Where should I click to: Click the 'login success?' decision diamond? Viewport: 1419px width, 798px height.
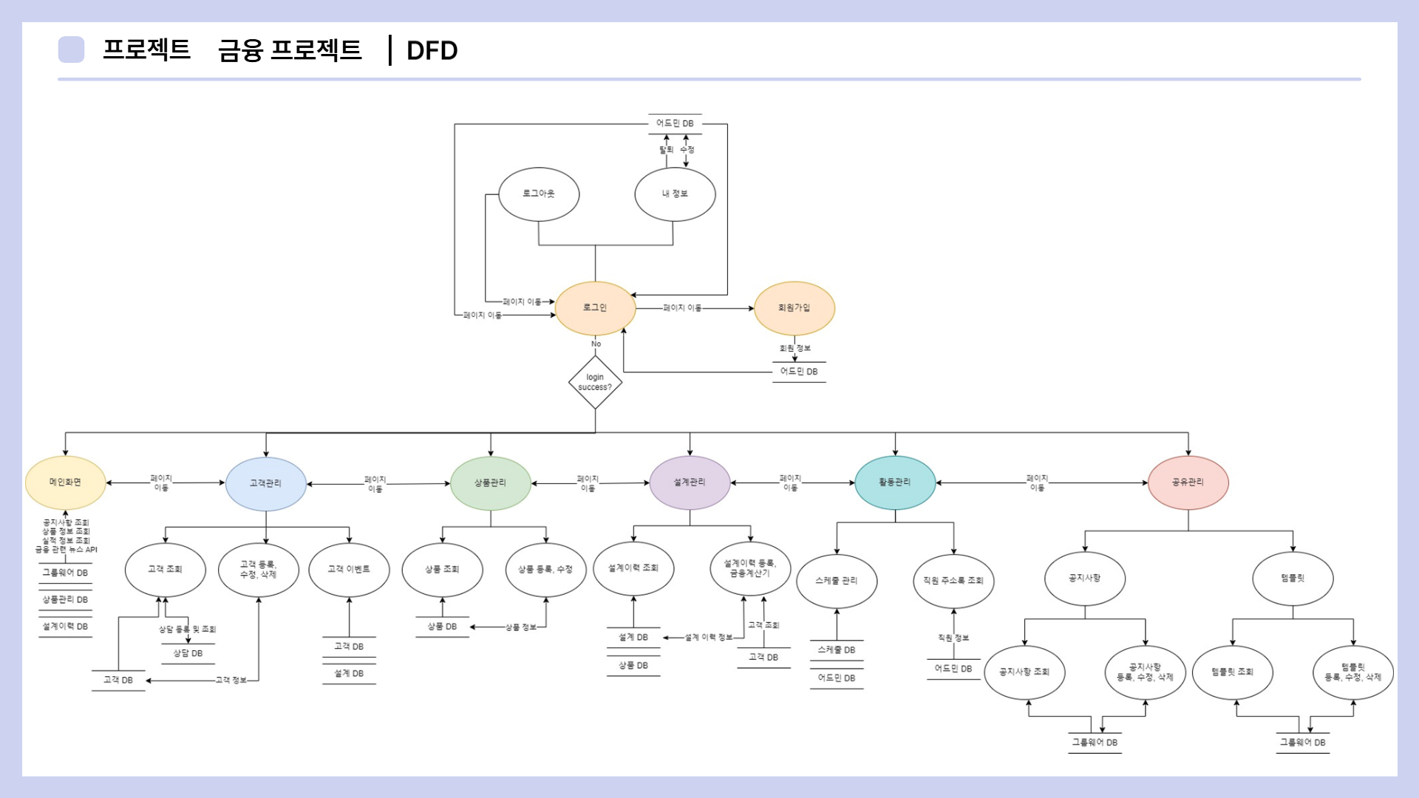tap(595, 382)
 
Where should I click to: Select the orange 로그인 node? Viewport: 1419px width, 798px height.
tap(595, 308)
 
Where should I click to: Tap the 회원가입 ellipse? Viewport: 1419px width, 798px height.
tap(794, 308)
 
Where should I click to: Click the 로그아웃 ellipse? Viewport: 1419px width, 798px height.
tap(539, 194)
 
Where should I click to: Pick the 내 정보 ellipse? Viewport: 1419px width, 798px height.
tap(675, 194)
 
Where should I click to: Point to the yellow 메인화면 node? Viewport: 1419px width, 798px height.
tap(65, 482)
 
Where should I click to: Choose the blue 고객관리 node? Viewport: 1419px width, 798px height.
tap(265, 483)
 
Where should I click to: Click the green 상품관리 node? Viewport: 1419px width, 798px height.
tap(490, 483)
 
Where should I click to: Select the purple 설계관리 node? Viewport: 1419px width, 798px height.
tap(690, 482)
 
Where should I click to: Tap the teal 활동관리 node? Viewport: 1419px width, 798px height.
tap(895, 482)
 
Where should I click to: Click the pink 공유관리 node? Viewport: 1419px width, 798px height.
tap(1188, 482)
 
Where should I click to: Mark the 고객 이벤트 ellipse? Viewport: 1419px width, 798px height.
tap(349, 569)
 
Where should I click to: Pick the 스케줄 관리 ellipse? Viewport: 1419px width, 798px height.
tap(837, 581)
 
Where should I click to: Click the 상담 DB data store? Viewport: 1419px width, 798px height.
tap(188, 654)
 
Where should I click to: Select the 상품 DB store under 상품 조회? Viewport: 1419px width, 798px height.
tap(442, 627)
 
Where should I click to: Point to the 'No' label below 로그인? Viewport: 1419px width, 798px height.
tap(596, 344)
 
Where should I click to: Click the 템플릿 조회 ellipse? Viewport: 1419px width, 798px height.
tap(1232, 672)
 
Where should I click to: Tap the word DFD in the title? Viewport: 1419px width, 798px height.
tap(432, 50)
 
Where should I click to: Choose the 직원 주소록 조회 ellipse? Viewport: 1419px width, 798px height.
tap(953, 581)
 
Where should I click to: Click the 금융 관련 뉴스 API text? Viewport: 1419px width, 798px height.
tap(67, 550)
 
